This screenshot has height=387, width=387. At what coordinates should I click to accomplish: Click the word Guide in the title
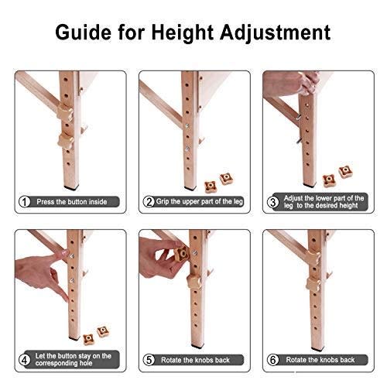pyautogui.click(x=84, y=32)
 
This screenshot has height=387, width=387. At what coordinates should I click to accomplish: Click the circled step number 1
pyautogui.click(x=25, y=202)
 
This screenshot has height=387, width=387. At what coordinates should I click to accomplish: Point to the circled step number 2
pyautogui.click(x=149, y=202)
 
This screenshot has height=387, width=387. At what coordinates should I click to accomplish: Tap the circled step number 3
pyautogui.click(x=272, y=202)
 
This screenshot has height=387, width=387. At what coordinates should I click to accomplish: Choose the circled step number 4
pyautogui.click(x=25, y=360)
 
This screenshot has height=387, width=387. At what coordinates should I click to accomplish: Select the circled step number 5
pyautogui.click(x=149, y=360)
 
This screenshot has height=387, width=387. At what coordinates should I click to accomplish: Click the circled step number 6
pyautogui.click(x=273, y=360)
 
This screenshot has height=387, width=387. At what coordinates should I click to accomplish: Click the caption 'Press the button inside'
pyautogui.click(x=72, y=202)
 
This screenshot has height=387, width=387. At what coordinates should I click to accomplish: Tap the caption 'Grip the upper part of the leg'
pyautogui.click(x=200, y=201)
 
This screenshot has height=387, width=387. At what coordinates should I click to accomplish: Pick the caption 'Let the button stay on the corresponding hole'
pyautogui.click(x=74, y=360)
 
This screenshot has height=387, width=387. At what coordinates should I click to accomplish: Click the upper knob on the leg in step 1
pyautogui.click(x=65, y=113)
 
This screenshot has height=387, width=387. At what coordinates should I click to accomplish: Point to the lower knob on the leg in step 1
pyautogui.click(x=66, y=142)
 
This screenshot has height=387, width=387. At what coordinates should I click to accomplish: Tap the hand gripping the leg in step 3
pyautogui.click(x=292, y=83)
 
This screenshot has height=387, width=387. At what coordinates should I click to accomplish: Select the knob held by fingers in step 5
pyautogui.click(x=181, y=254)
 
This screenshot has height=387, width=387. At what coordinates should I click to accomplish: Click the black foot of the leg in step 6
pyautogui.click(x=317, y=350)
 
